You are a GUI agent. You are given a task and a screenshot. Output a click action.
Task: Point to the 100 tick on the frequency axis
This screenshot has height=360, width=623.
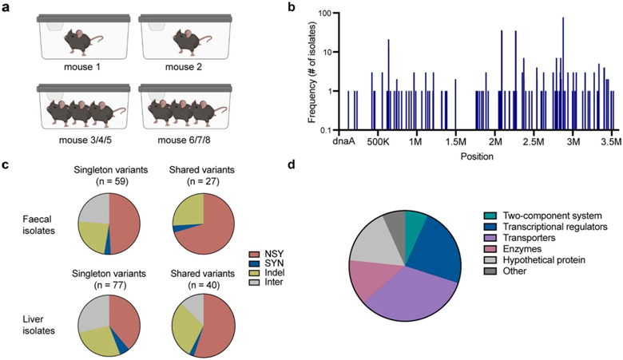coord(320,14)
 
